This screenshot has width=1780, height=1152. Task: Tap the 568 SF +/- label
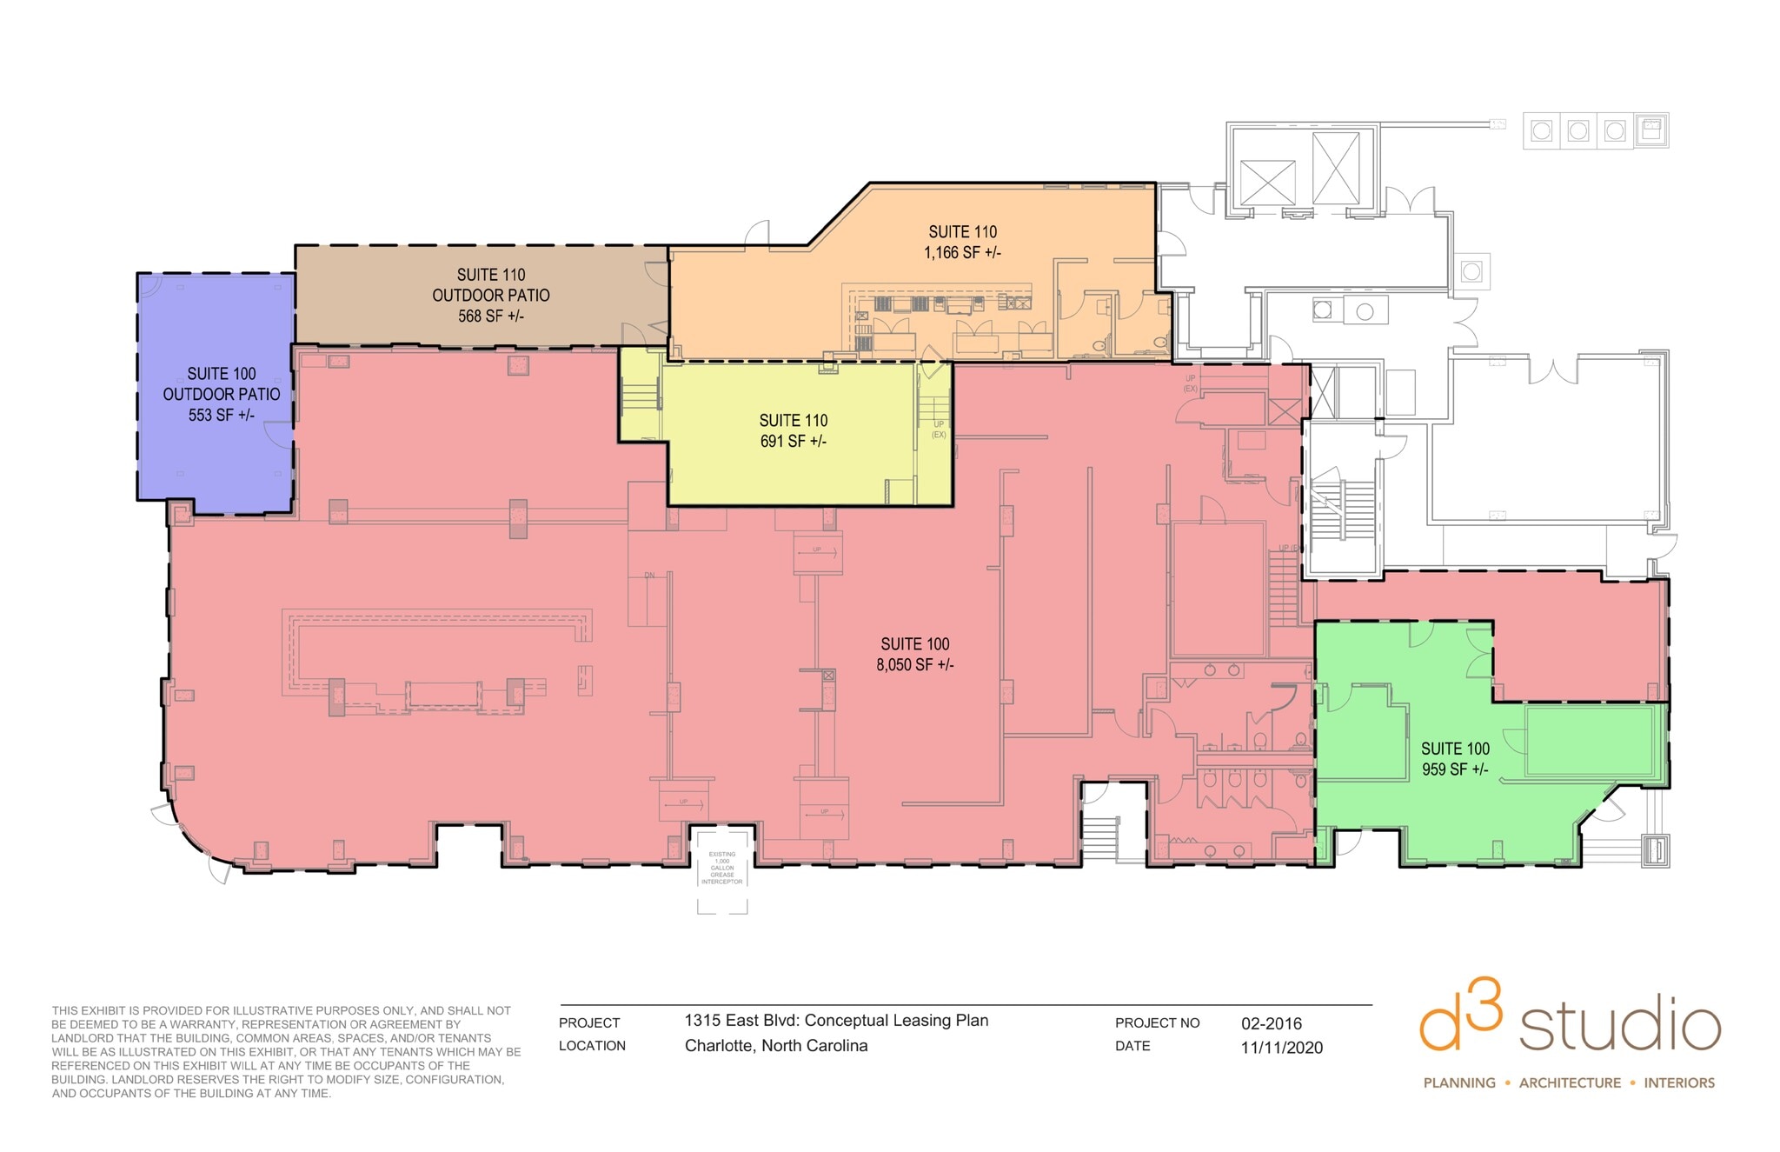[x=491, y=316]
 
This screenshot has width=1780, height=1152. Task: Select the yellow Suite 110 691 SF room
[x=793, y=469]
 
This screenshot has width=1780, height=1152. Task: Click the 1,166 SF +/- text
[x=962, y=253]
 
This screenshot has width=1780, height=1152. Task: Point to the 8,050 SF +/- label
[x=914, y=665]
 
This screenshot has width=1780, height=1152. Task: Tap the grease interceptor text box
[x=722, y=868]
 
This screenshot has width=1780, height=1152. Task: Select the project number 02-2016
[x=1271, y=1023]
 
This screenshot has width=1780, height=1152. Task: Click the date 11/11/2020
[x=1281, y=1048]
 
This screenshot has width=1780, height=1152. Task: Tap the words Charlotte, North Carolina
[x=775, y=1046]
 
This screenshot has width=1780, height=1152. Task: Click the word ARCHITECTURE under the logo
[x=1570, y=1083]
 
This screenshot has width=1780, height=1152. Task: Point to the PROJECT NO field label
[x=1157, y=1023]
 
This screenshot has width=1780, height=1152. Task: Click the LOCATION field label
[x=592, y=1046]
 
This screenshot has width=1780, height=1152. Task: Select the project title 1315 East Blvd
[x=836, y=1021]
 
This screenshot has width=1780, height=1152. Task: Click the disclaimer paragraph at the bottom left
[x=285, y=1052]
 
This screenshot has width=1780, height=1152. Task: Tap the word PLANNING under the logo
[x=1459, y=1083]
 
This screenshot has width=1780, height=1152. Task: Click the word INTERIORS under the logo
[x=1679, y=1083]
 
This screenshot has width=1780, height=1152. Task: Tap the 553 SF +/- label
[x=221, y=416]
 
